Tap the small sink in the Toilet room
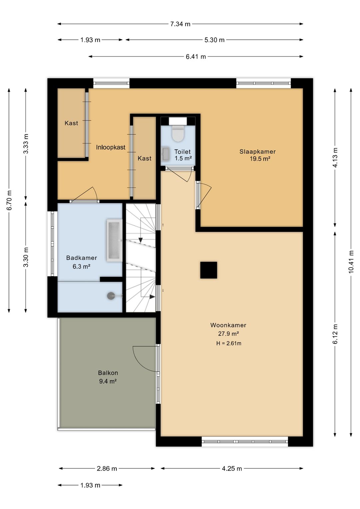coord(166,154)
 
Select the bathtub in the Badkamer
coord(114,240)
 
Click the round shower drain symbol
coord(111,296)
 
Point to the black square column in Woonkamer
coord(209,270)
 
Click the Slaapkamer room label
coord(258,151)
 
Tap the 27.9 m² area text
coord(228,334)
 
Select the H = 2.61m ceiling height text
coord(229,343)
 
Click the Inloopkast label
coord(111,147)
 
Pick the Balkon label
coord(108,373)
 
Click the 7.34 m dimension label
coord(180,24)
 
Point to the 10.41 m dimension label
coord(351,262)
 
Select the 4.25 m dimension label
coord(232,468)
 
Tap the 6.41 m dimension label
coord(196,57)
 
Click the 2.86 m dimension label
coord(107,468)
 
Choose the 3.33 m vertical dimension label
coord(26,144)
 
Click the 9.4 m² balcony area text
coord(108,381)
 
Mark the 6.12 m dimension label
coord(335,334)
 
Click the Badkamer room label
coord(82,258)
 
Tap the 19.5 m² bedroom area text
coord(260,159)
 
